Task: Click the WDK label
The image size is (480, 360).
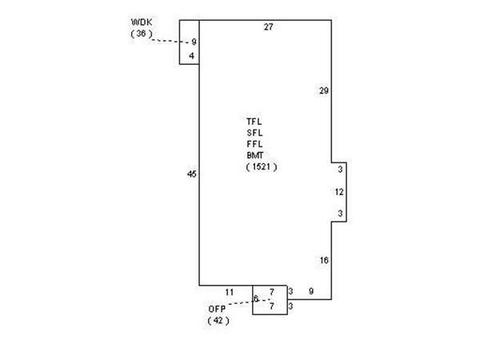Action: coord(142,22)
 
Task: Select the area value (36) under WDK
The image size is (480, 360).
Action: coord(142,33)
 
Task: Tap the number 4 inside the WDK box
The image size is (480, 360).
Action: coord(191,56)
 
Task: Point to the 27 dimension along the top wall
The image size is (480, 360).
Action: coord(268,27)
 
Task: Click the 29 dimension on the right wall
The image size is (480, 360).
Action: coord(324,91)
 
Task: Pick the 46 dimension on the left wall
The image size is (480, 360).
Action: coord(192,174)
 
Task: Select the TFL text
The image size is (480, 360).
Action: coord(254,122)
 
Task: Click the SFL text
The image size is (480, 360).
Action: coord(255,133)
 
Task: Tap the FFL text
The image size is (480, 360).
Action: coord(255,144)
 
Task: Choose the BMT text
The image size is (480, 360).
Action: coord(255,155)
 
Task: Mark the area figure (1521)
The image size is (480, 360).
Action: coord(262,167)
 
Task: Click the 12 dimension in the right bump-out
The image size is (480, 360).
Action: coord(339,192)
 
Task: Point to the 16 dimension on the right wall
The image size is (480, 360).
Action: coord(324,260)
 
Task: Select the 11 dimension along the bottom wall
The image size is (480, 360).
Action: coord(229,292)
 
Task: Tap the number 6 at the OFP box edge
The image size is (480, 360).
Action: coord(256,299)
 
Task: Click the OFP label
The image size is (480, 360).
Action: coord(217,309)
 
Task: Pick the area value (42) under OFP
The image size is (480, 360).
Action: coord(219,321)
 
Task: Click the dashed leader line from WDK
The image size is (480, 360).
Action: coord(170,41)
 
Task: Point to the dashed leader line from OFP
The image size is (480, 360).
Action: coord(249,302)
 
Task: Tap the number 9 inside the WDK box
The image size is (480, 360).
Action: coord(194,42)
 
